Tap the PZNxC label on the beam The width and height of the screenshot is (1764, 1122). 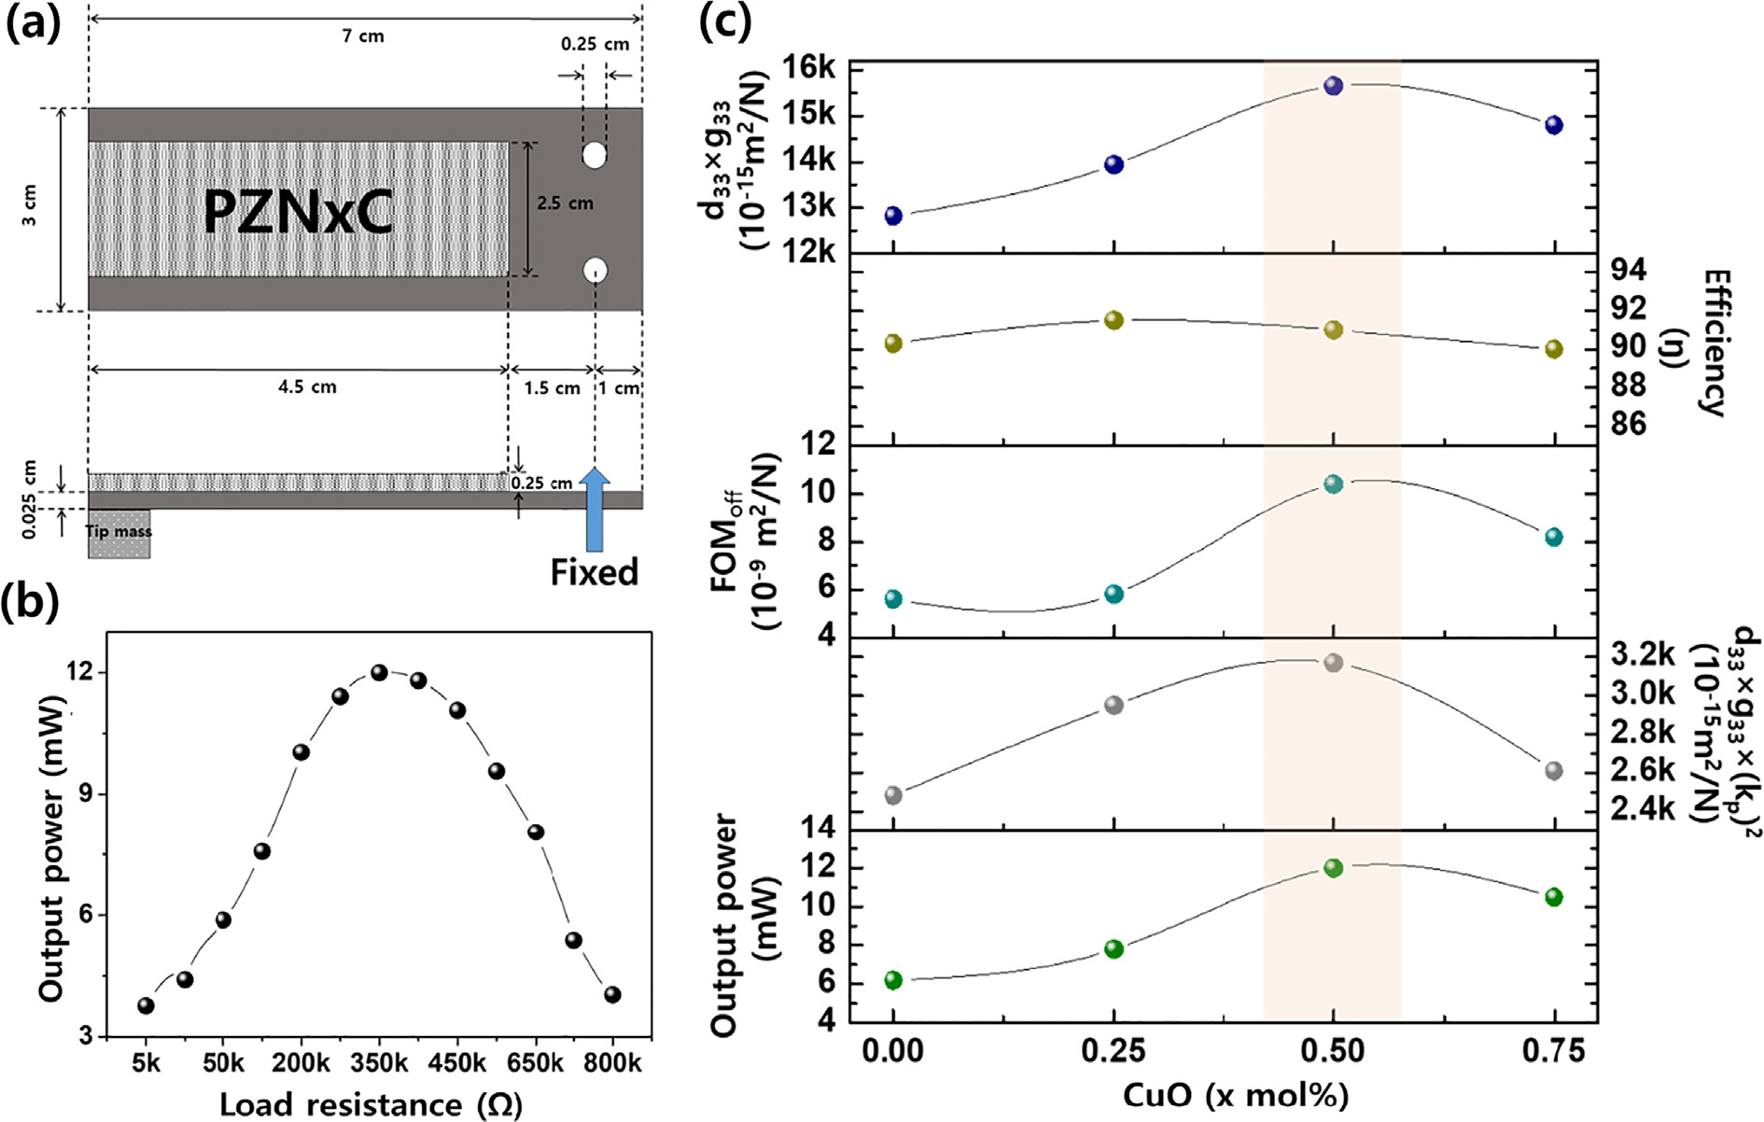[299, 212]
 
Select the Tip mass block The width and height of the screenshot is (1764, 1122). [119, 534]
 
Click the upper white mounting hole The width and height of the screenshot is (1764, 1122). [595, 155]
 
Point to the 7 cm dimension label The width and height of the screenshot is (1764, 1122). [363, 36]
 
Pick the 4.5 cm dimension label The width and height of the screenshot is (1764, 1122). [307, 387]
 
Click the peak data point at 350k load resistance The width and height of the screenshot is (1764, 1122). [379, 673]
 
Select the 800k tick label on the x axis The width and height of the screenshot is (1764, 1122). [613, 1063]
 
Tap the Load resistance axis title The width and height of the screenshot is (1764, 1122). [371, 1104]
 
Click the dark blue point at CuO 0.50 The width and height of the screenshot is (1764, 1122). [1333, 86]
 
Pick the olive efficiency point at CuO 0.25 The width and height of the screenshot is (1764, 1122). [1113, 320]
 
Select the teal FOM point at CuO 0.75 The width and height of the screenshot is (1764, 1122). [1553, 537]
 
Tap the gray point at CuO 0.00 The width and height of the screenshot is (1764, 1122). [893, 795]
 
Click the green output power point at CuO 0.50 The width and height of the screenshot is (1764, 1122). [1333, 868]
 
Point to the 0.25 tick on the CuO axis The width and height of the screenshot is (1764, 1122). [1113, 1051]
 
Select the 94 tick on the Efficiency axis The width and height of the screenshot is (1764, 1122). [1629, 270]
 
